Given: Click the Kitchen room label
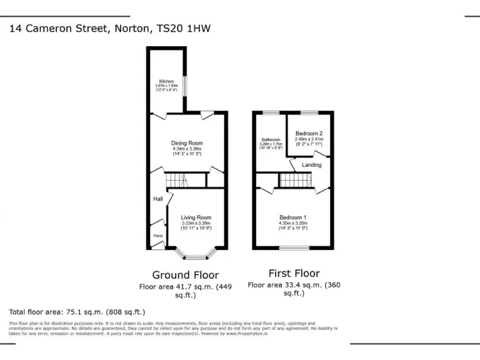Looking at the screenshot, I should coord(166,81).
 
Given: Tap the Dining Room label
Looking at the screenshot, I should coord(187,143).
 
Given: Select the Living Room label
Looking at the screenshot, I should coord(196,217).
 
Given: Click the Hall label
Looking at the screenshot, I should coord(158,199).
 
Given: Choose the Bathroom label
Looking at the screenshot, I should coord(271,139).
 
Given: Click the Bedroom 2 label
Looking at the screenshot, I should coord(309,134).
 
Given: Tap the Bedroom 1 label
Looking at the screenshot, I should coord(292,217).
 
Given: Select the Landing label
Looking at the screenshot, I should coord(312,165).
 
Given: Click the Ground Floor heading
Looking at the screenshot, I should coord(186,274).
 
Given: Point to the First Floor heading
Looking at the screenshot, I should coord(294,273).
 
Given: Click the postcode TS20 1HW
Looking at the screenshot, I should coord(194,28).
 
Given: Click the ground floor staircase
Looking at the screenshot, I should coord(177,181).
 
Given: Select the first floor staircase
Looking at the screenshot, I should coord(294,181).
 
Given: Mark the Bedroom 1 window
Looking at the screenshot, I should coord(294,248).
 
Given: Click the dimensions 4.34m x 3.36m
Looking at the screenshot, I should coord(187,149).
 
